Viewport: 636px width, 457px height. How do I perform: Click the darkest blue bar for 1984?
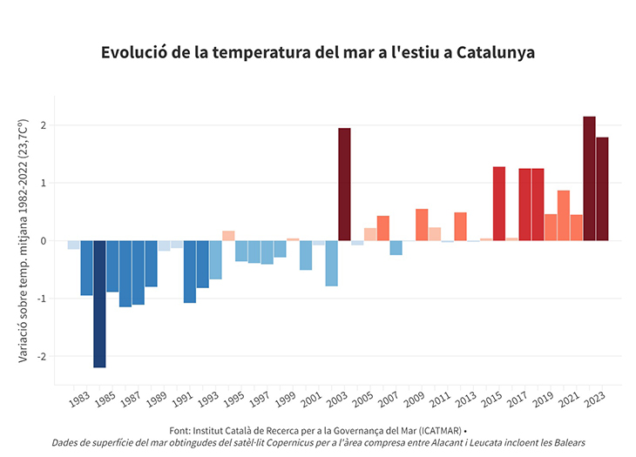pyautogui.click(x=99, y=304)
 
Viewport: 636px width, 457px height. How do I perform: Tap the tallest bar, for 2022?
pyautogui.click(x=590, y=178)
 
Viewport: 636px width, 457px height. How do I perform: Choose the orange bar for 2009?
pyautogui.click(x=422, y=225)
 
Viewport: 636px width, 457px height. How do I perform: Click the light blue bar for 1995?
pyautogui.click(x=241, y=251)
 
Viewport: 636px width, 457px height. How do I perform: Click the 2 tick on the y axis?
pyautogui.click(x=43, y=125)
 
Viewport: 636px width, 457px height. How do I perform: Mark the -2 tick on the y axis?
pyautogui.click(x=41, y=356)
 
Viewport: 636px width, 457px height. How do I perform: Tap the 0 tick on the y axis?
pyautogui.click(x=43, y=241)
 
